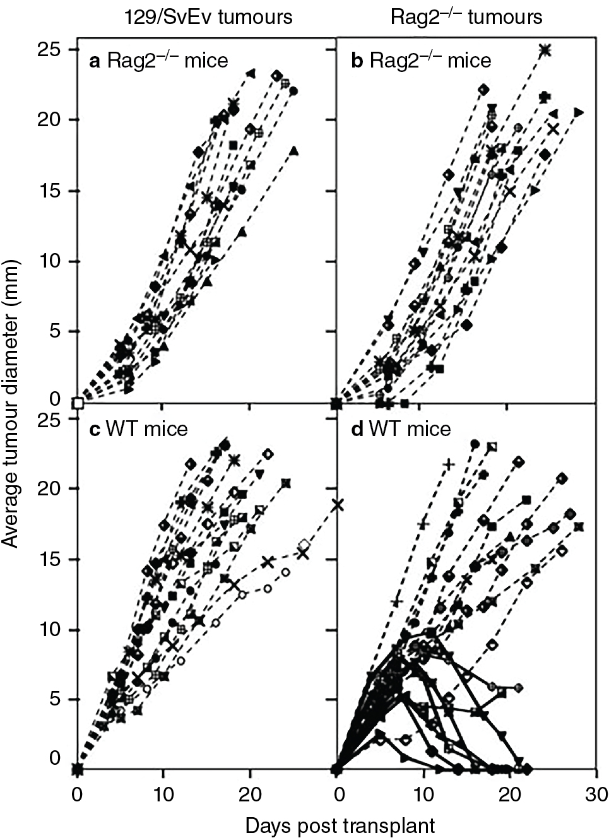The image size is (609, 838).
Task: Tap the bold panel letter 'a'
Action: [x=95, y=61]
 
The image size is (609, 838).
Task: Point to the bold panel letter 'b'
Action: [x=357, y=61]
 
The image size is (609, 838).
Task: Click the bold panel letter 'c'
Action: [x=95, y=430]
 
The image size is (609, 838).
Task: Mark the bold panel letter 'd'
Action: [x=357, y=430]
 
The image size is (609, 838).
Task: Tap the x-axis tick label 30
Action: [x=596, y=793]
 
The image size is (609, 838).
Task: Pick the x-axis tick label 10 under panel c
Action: [x=163, y=793]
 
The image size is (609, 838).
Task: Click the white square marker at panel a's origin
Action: [x=78, y=403]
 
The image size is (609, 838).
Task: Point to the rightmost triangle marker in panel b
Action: [x=578, y=112]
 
